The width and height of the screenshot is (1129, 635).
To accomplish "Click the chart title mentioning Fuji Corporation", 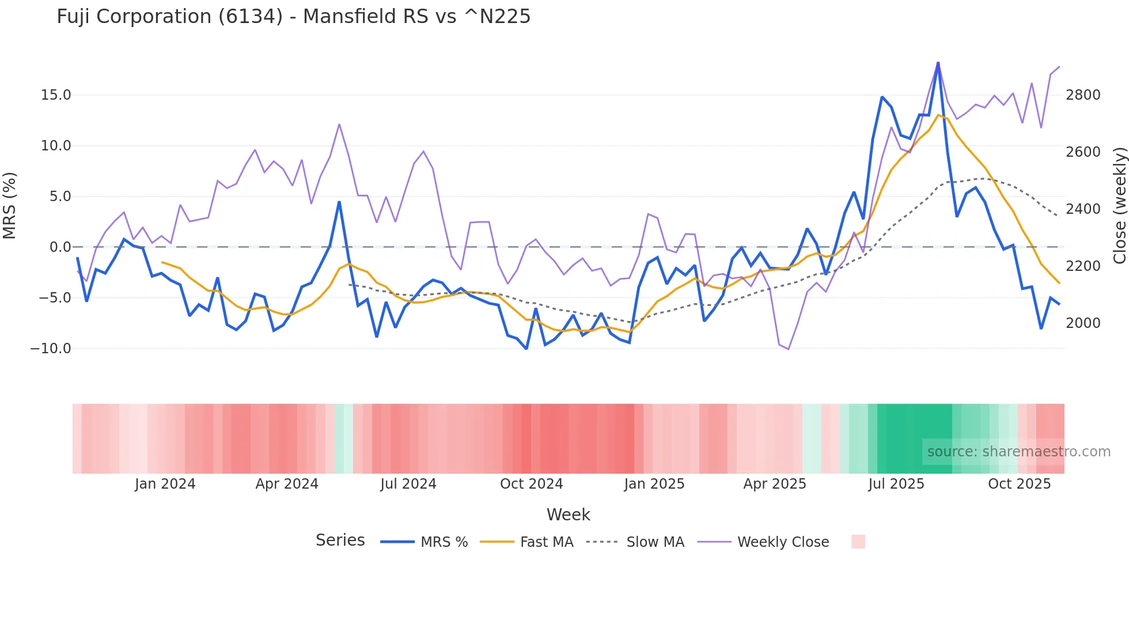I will pos(293,17).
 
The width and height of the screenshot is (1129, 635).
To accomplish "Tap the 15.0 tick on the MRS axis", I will pos(56,95).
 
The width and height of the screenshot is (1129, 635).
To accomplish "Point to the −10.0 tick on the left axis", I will pos(51,349).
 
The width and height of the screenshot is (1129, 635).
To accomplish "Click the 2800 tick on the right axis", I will pos(1083,95).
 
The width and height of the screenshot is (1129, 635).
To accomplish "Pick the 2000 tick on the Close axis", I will pos(1083,323).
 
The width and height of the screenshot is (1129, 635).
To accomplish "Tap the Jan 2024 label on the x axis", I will pos(165,484).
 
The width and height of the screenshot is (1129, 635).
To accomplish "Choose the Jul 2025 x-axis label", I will pos(896,484).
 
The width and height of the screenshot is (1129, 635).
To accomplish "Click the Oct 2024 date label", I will pos(531,484).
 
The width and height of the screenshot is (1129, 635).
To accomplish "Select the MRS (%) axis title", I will pos(10,206).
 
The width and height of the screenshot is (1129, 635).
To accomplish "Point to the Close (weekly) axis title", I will pos(1119,206).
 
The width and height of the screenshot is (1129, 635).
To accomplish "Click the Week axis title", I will pos(568,515).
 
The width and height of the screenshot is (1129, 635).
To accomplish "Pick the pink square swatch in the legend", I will pos(858,542).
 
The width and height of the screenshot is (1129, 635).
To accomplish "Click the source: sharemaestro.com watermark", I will pos(1018,452).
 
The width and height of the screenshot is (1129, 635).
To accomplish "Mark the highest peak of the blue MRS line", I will pos(938,63).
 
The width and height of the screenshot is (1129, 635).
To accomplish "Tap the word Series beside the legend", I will pos(340,540).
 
